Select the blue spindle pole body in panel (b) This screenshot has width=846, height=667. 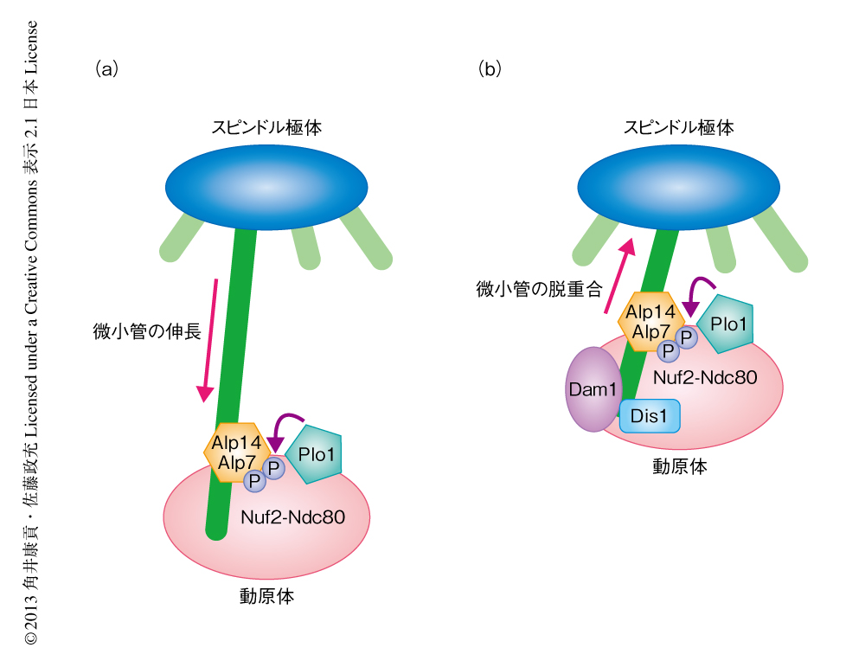[x=679, y=186]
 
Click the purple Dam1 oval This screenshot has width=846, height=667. [x=591, y=389]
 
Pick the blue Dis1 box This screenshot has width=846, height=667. [x=650, y=416]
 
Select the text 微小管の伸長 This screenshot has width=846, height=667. [x=144, y=330]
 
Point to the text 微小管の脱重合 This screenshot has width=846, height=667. [x=539, y=288]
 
